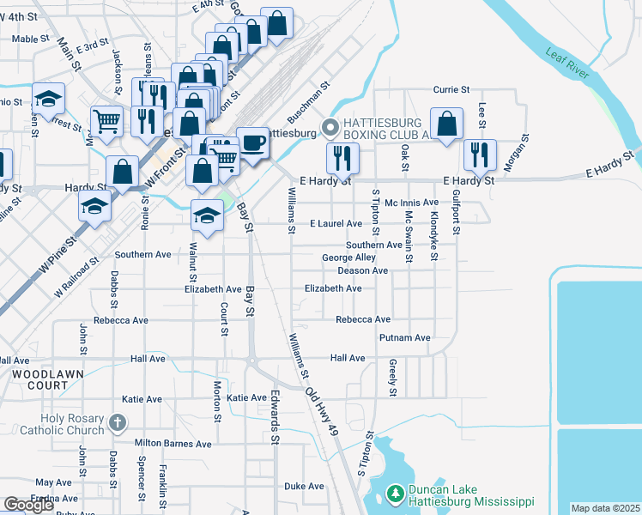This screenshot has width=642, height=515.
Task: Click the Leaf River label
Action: coord(567,65)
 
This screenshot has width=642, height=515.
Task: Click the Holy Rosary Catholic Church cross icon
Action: coord(118,423)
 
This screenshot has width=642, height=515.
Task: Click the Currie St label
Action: coord(451,89)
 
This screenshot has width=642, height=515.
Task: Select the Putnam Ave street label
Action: coord(404,338)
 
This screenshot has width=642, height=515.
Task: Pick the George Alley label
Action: coord(348,257)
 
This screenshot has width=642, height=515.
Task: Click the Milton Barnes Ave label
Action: coord(173,444)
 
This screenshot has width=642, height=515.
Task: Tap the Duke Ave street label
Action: coord(304,486)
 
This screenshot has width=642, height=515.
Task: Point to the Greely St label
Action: coord(392,378)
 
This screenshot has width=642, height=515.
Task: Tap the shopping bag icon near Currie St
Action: coord(446,124)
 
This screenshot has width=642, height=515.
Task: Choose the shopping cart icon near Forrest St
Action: coord(106,120)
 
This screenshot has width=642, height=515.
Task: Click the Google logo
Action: coord(28,506)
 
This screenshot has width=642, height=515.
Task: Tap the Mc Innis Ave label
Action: coord(412,203)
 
